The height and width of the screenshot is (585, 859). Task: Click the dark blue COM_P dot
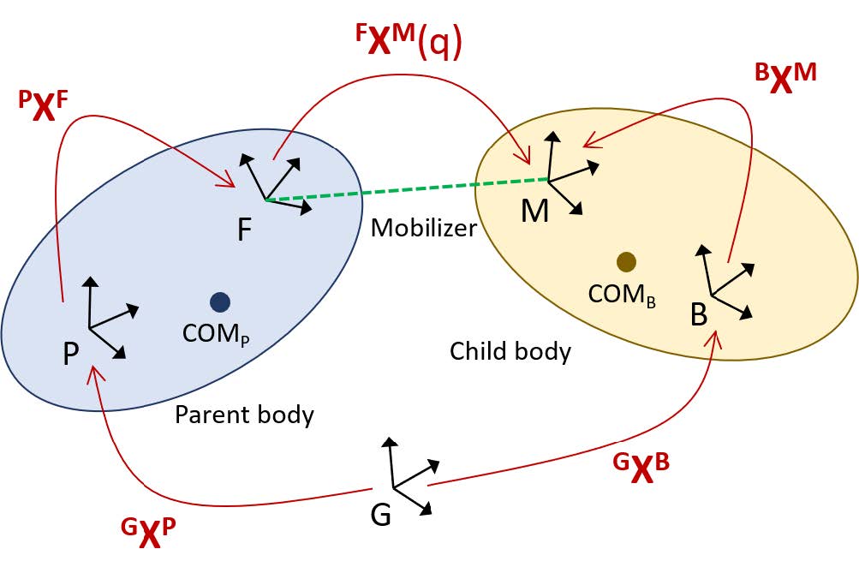pyautogui.click(x=220, y=301)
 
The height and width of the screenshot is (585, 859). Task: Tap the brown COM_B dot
pyautogui.click(x=626, y=262)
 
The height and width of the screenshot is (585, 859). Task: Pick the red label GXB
pyautogui.click(x=641, y=468)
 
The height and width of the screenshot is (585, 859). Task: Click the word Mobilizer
pyautogui.click(x=423, y=228)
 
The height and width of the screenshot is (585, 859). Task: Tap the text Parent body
pyautogui.click(x=244, y=415)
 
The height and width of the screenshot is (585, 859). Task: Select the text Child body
pyautogui.click(x=510, y=350)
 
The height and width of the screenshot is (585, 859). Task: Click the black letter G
pyautogui.click(x=381, y=516)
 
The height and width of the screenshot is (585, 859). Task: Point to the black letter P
pyautogui.click(x=71, y=353)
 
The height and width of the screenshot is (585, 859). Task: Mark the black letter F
pyautogui.click(x=245, y=230)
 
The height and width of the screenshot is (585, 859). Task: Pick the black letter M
pyautogui.click(x=534, y=211)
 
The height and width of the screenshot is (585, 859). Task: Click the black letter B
pyautogui.click(x=699, y=316)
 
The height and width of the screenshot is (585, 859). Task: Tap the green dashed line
pyautogui.click(x=407, y=189)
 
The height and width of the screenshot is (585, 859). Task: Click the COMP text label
pyautogui.click(x=215, y=332)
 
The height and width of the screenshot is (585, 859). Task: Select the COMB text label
pyautogui.click(x=622, y=294)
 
